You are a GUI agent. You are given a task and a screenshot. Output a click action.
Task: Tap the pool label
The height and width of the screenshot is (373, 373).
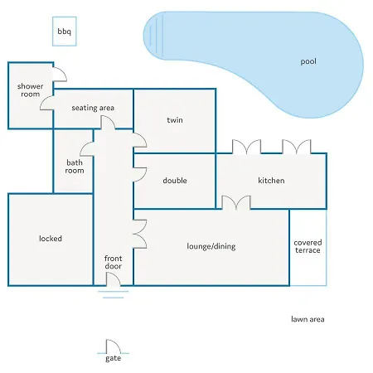(x=308, y=61)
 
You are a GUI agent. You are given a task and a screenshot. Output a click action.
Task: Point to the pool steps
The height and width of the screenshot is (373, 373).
(x=157, y=35)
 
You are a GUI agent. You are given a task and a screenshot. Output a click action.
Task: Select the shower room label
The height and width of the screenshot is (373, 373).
(x=31, y=90)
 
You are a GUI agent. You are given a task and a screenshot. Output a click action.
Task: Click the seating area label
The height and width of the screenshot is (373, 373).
(x=93, y=108)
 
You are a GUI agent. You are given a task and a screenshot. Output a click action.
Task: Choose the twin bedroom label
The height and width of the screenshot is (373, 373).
(x=175, y=120)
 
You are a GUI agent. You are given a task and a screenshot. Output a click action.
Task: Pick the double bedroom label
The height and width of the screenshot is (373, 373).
(x=175, y=181)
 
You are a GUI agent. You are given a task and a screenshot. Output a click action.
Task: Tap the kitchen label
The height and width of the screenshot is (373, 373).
(x=271, y=181)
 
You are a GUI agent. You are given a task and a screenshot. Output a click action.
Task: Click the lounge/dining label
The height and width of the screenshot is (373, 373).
(x=211, y=246)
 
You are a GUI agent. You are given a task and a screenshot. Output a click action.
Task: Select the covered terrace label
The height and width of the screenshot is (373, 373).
(x=308, y=246)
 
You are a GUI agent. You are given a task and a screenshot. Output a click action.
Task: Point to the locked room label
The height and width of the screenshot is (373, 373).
(x=51, y=239)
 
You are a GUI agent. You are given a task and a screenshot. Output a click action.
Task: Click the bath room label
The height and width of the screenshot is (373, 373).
(x=75, y=167)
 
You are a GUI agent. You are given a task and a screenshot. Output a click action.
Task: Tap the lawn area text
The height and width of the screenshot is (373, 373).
(x=308, y=319)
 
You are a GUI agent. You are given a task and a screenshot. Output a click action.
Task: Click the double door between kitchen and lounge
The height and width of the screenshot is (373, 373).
(x=236, y=202)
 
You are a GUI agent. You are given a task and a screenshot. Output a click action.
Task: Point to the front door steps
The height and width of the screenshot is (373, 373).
(x=114, y=294)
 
